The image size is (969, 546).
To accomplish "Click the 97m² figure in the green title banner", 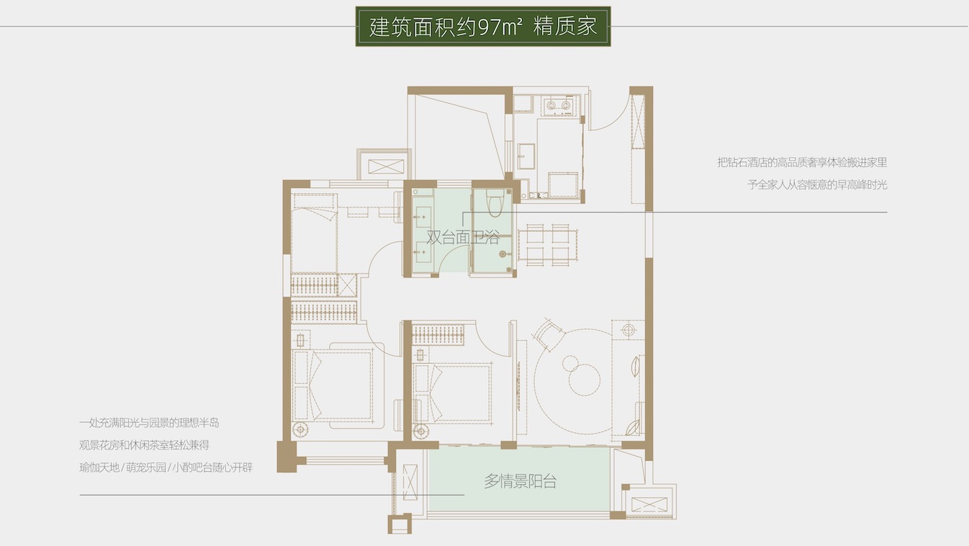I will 497,27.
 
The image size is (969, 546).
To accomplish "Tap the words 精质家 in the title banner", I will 566,27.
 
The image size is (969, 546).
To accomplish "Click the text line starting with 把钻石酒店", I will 802,163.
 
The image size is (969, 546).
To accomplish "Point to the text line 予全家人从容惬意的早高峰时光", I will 817,185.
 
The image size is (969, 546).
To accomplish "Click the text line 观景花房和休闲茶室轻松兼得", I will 145,445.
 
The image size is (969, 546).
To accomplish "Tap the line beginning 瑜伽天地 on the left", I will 166,467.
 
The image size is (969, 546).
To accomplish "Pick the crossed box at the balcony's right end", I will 649,503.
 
